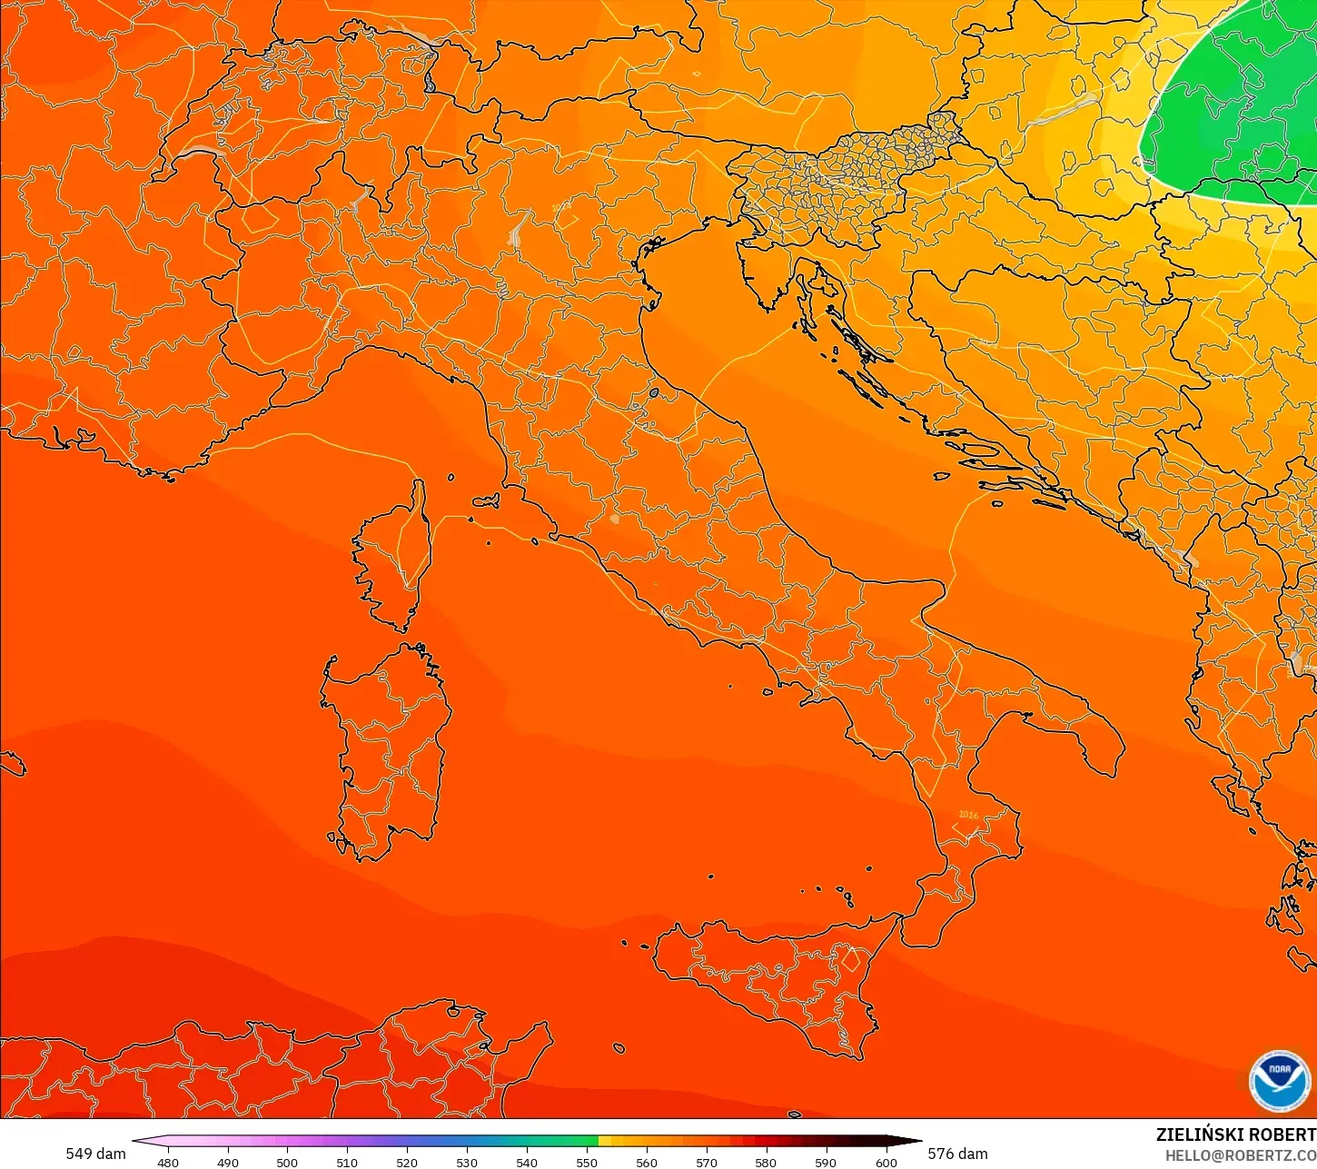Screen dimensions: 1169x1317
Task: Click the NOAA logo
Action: pyautogui.click(x=1279, y=1079)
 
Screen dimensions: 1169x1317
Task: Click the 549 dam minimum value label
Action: pyautogui.click(x=95, y=1154)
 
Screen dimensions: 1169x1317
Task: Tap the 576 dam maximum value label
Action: pyautogui.click(x=957, y=1154)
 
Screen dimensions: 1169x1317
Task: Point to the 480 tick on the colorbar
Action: pyautogui.click(x=168, y=1162)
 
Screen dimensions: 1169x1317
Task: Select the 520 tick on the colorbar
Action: pyautogui.click(x=407, y=1162)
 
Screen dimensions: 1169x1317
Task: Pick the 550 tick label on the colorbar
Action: pyautogui.click(x=587, y=1162)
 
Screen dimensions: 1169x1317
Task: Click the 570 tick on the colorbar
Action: pyautogui.click(x=706, y=1162)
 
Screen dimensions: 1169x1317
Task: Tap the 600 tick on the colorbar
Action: pyautogui.click(x=886, y=1162)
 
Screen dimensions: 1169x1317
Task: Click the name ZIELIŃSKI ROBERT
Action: pyautogui.click(x=1235, y=1134)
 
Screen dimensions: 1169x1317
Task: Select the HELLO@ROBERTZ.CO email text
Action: pyautogui.click(x=1241, y=1155)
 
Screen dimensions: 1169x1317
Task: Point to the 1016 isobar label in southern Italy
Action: pyautogui.click(x=968, y=815)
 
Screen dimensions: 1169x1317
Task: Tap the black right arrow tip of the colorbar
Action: pyautogui.click(x=916, y=1141)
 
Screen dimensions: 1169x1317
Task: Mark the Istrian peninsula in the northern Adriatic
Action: pyautogui.click(x=763, y=272)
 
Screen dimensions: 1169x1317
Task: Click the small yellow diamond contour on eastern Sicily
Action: pyautogui.click(x=851, y=959)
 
